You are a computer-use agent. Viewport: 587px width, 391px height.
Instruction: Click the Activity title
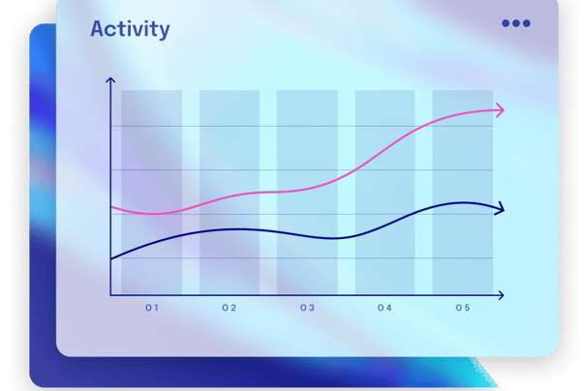pos(130,29)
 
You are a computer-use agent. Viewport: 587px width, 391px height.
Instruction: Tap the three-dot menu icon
pos(516,23)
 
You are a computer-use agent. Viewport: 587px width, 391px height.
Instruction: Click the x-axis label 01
pos(152,308)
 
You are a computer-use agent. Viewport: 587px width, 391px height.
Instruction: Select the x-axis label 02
pos(230,308)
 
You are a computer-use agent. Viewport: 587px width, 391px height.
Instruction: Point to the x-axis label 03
pos(307,308)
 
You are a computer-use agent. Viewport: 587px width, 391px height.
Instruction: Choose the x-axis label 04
pos(385,308)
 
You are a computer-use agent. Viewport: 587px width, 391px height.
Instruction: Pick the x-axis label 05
pos(463,308)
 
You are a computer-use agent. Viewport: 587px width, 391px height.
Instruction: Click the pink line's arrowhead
pos(501,110)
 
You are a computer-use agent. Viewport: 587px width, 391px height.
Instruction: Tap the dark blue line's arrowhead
pos(501,209)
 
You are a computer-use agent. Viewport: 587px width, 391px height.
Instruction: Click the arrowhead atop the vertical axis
pos(110,79)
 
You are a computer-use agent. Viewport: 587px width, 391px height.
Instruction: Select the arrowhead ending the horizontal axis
pos(501,295)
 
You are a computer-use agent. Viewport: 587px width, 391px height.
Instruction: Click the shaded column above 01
pos(152,192)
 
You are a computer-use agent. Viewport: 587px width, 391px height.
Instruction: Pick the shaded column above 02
pos(230,192)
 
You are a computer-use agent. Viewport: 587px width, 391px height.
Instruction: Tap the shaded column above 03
pos(307,192)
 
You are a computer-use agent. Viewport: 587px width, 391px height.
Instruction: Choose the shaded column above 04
pos(385,192)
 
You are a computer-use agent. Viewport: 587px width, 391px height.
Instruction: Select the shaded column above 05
pos(463,192)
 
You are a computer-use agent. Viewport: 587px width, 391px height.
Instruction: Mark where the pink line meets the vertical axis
pos(111,207)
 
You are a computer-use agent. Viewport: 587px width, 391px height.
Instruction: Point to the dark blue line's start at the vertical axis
pos(111,259)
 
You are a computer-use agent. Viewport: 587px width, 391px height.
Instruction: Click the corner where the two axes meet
pos(110,295)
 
